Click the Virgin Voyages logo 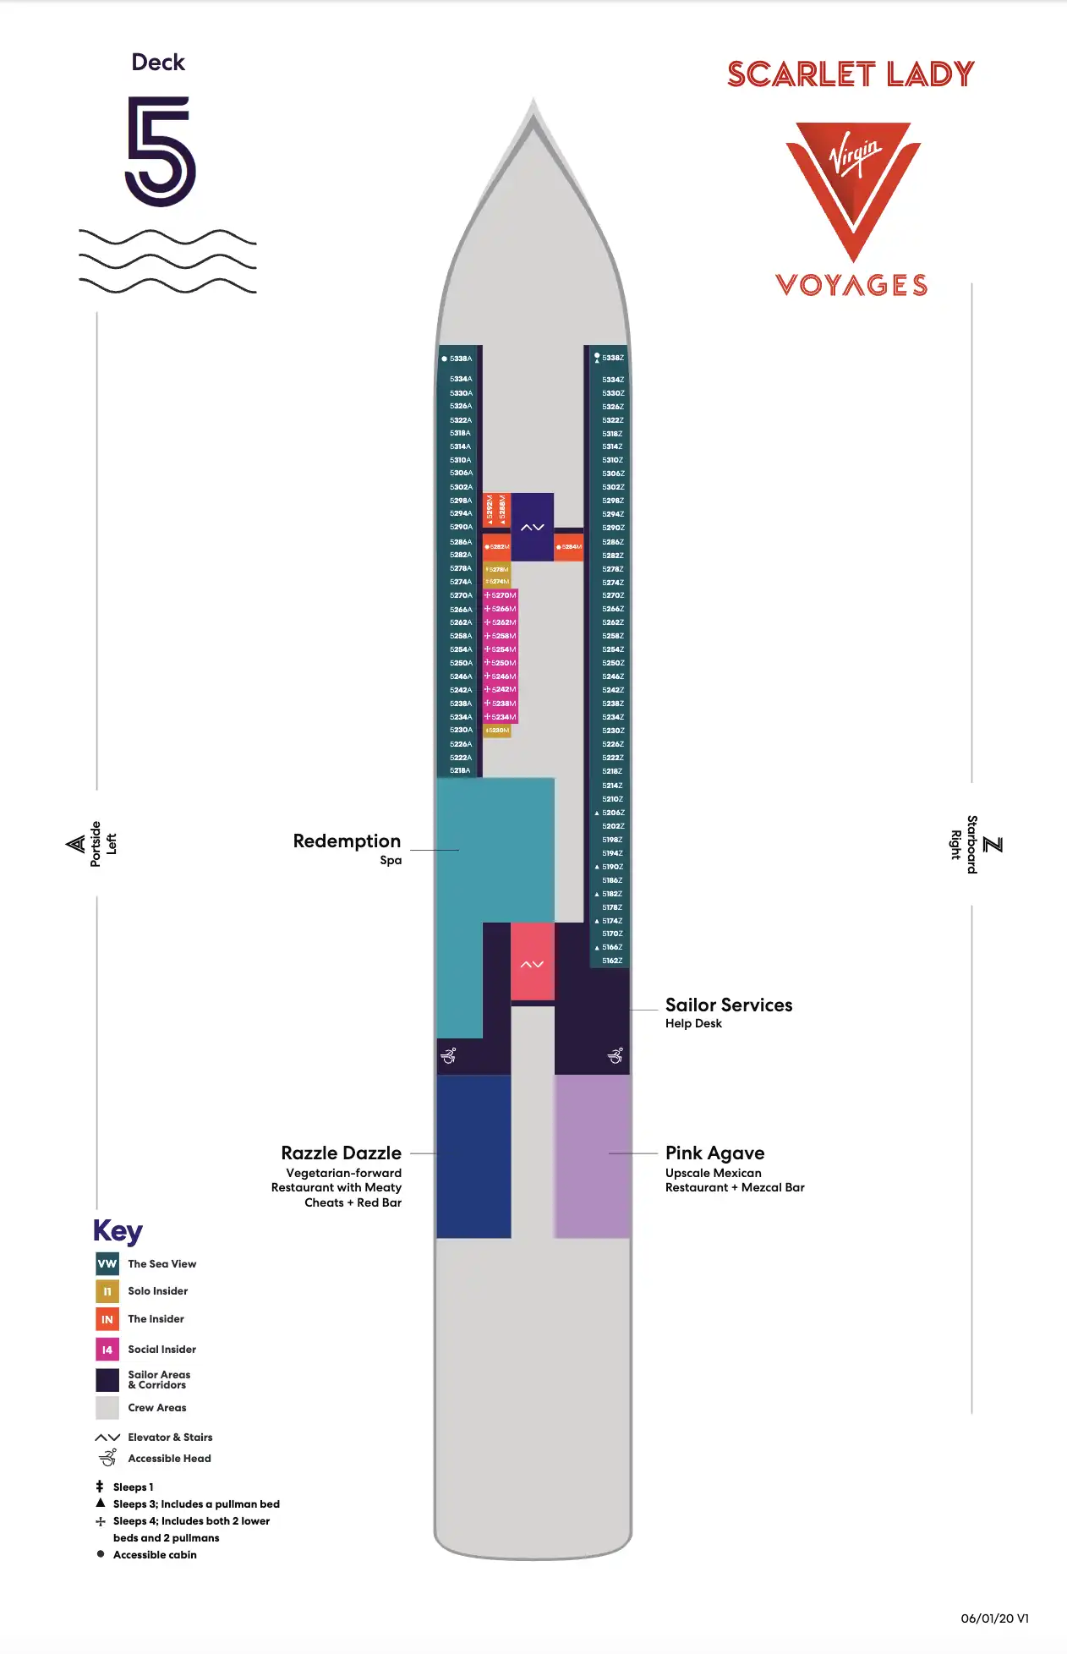click(x=852, y=207)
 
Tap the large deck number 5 click(x=160, y=151)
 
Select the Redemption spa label click(x=347, y=841)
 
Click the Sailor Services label click(x=728, y=1005)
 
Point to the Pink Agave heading click(x=714, y=1153)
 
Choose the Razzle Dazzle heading click(x=341, y=1153)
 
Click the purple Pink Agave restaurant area click(x=592, y=1156)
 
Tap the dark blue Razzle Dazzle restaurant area click(x=473, y=1156)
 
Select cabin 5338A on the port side click(x=460, y=359)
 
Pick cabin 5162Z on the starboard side click(x=612, y=961)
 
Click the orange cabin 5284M click(x=569, y=547)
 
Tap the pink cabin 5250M click(x=501, y=663)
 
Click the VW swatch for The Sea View click(x=107, y=1264)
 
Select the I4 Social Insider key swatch click(x=107, y=1350)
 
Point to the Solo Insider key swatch click(x=107, y=1291)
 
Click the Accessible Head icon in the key click(x=107, y=1458)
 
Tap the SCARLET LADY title click(x=851, y=74)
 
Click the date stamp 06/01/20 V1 click(x=994, y=1618)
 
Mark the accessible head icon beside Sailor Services click(x=616, y=1055)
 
